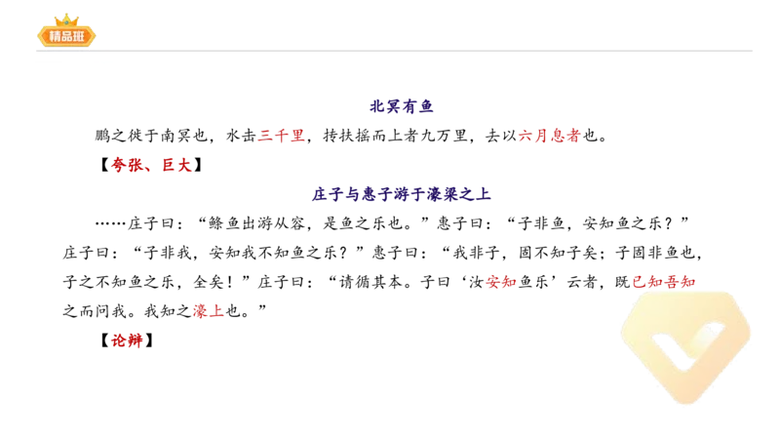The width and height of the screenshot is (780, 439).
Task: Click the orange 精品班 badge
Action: tap(66, 36)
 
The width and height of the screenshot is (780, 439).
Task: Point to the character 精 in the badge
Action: tap(52, 37)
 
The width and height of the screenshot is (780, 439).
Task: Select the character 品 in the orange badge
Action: tap(66, 37)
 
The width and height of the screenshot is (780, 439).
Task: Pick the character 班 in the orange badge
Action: tap(81, 37)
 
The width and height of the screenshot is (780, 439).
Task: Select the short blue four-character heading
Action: tap(401, 106)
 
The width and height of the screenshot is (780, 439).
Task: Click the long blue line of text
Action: tap(400, 194)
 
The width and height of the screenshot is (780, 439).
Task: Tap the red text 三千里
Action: tap(281, 138)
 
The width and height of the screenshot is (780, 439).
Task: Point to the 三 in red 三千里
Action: tap(265, 138)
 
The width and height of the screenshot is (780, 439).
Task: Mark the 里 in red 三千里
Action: tap(297, 138)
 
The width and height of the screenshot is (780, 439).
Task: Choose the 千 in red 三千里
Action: tap(281, 138)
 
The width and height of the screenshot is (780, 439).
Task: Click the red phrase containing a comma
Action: tap(151, 166)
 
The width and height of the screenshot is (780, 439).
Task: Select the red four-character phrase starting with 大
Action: tap(548, 138)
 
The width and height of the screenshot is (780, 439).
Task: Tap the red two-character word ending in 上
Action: tap(208, 312)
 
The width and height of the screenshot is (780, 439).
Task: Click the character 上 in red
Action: tap(216, 312)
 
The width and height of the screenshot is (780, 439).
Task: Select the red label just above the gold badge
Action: tap(663, 282)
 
